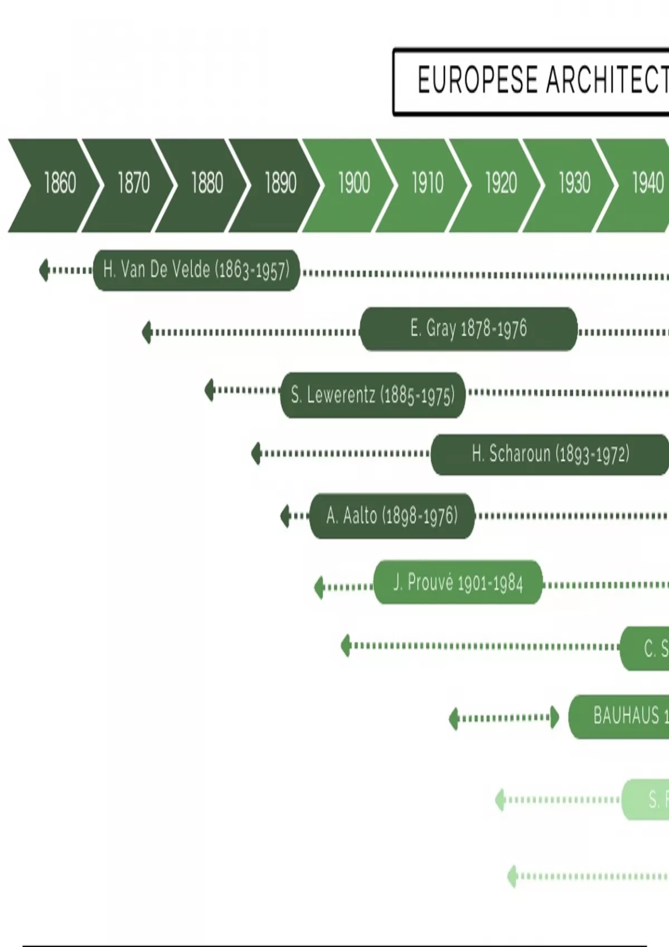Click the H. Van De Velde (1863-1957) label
(x=196, y=270)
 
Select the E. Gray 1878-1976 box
(x=468, y=329)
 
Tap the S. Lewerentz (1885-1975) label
(x=372, y=395)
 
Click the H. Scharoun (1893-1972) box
(x=550, y=455)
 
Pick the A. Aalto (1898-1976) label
(x=392, y=516)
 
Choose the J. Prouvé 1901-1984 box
(x=458, y=583)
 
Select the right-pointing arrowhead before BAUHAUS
(x=554, y=717)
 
